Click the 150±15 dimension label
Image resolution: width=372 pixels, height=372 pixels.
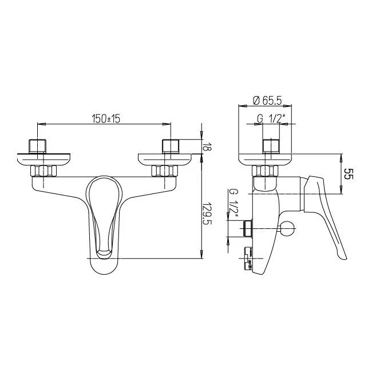pyautogui.click(x=106, y=119)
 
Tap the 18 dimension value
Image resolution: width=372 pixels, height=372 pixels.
pyautogui.click(x=207, y=147)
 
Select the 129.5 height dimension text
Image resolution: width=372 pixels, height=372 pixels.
pyautogui.click(x=207, y=214)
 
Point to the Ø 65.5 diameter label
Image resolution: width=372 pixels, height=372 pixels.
pyautogui.click(x=267, y=101)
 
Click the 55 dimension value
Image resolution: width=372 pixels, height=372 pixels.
pyautogui.click(x=349, y=174)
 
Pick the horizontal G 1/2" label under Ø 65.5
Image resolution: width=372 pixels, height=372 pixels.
pyautogui.click(x=270, y=118)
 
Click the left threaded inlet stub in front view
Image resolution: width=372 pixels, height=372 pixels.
pyautogui.click(x=37, y=146)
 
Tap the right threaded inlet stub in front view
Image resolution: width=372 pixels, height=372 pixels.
pyautogui.click(x=171, y=146)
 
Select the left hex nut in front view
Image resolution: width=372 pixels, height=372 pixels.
pyautogui.click(x=43, y=171)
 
